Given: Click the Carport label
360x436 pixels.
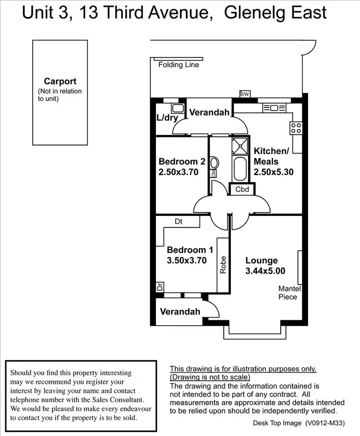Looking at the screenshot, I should pos(60,82).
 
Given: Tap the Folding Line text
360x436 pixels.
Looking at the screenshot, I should pos(179,65).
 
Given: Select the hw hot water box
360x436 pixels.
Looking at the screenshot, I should pos(245,94).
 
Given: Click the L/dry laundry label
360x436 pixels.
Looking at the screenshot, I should pos(167,118).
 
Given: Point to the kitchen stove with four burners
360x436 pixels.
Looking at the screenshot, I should pos(296,128).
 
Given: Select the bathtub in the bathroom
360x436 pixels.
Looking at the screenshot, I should pos(240,168).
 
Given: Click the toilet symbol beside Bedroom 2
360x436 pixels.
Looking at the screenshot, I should pos(215,164).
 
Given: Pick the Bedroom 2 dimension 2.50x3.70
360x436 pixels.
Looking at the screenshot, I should pos(179,172).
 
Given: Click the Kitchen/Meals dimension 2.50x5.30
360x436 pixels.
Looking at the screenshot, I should pos(274,172).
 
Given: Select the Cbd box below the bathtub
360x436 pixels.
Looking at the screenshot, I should pos(242,189).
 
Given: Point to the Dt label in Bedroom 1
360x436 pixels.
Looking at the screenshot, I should pos(178,222).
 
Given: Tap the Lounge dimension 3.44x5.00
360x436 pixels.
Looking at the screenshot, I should pos(265,271).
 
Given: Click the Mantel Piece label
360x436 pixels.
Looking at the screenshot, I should pos(289,293).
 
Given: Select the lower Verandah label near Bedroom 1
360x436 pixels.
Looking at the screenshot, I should pos(180,312).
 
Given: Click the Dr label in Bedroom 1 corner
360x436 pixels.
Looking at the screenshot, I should pos(159,288).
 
